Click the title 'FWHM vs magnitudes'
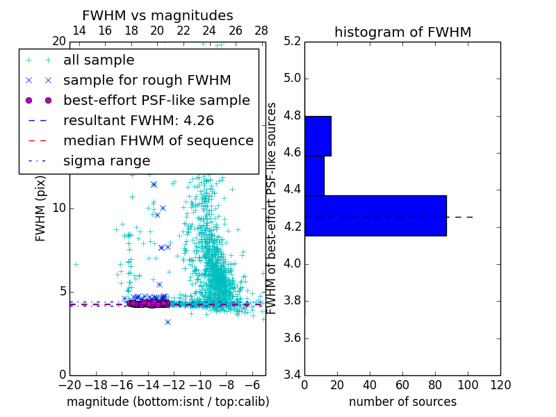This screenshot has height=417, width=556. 158,16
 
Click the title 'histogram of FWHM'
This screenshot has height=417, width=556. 402,33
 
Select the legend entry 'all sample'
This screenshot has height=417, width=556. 99,60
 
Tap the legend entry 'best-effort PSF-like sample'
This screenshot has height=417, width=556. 156,101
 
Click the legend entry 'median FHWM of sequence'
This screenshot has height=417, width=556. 158,141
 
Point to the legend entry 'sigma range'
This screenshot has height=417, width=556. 106,161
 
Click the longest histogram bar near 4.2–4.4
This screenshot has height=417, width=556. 375,215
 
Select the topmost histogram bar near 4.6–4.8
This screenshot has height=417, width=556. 318,136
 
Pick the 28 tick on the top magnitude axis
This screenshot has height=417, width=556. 261,31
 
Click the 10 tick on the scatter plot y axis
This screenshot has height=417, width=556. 59,208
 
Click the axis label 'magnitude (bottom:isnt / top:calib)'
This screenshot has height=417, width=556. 167,402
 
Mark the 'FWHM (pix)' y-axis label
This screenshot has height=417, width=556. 41,208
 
